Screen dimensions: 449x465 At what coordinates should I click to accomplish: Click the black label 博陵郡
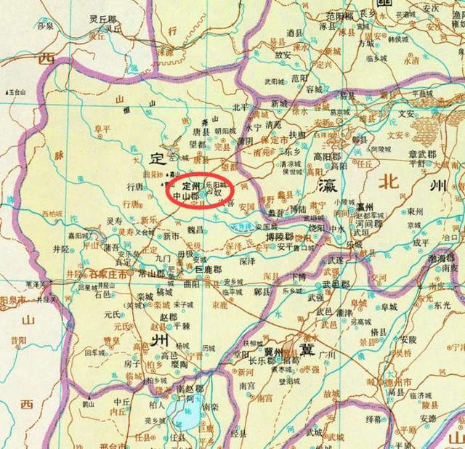[x=280, y=237]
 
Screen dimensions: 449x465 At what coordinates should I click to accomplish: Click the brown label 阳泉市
[x=12, y=299]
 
